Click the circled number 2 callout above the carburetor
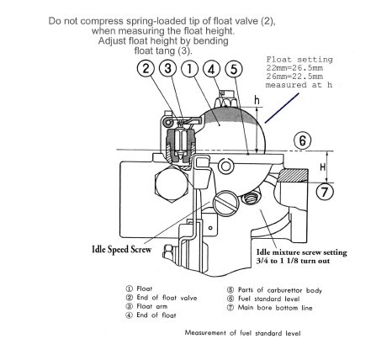(146, 69)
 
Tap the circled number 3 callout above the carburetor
(167, 69)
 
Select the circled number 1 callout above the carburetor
(190, 69)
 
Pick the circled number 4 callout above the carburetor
(212, 69)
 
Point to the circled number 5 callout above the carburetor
(234, 69)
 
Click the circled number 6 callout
(303, 140)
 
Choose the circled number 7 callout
(325, 192)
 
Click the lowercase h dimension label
(257, 100)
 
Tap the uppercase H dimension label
(323, 167)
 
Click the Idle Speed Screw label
(122, 249)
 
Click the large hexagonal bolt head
(172, 183)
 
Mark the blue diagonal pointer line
(282, 109)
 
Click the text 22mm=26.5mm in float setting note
(294, 68)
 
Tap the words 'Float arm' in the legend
(151, 306)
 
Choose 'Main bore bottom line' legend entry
(275, 308)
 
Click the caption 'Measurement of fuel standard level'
(242, 333)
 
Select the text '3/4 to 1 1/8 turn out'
(293, 261)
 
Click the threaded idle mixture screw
(251, 199)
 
